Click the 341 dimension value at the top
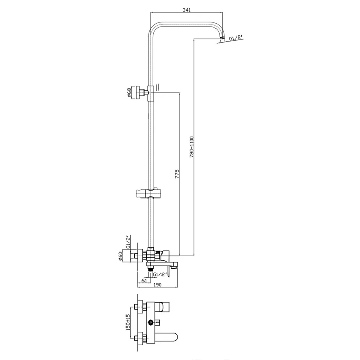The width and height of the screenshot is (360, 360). tap(186, 10)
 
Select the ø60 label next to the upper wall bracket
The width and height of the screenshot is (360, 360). tap(129, 93)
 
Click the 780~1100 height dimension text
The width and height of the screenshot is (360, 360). tap(192, 147)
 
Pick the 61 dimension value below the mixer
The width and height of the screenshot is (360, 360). tap(145, 280)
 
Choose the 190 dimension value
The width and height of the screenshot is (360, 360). tap(158, 285)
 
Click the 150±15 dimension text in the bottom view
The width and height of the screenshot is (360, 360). tap(128, 322)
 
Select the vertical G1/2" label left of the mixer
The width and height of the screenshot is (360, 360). tap(128, 242)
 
